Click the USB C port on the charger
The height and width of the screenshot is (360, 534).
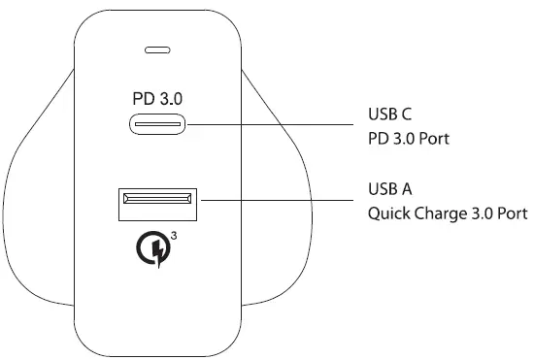(x=157, y=124)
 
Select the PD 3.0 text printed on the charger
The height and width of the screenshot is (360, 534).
(x=156, y=98)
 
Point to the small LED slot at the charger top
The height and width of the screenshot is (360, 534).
(x=157, y=49)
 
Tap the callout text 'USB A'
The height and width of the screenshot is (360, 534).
(x=393, y=188)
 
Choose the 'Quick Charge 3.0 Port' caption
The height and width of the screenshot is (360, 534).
(x=447, y=213)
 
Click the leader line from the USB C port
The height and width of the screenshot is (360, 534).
(x=272, y=124)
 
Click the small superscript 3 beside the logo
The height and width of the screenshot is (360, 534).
(x=172, y=234)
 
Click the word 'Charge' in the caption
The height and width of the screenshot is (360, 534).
(x=439, y=213)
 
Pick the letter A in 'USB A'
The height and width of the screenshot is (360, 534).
(x=410, y=188)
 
